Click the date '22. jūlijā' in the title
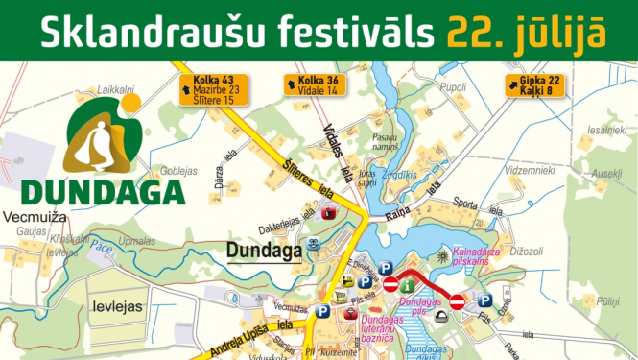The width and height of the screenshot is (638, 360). pos(525,32)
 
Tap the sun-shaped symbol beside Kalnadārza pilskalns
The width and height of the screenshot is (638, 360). pos(442,256)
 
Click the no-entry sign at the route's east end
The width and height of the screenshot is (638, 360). pos(458,301)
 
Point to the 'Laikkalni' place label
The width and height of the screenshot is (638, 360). pos(115,89)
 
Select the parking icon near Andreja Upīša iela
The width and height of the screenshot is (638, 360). pos(321,311)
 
